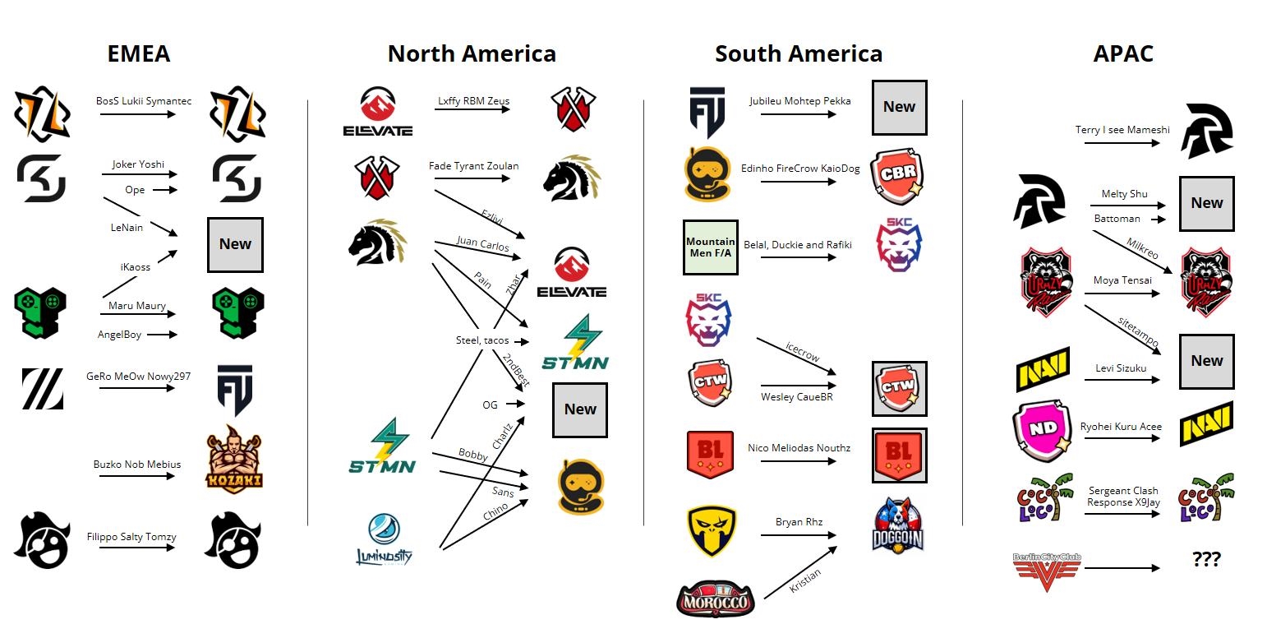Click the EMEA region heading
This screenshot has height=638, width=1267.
point(139,54)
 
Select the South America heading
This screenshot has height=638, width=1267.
point(798,54)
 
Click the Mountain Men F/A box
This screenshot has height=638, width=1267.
point(710,247)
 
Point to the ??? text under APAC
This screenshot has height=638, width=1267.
point(1206,560)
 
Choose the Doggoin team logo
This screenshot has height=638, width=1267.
point(897,525)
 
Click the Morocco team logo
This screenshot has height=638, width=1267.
point(714,599)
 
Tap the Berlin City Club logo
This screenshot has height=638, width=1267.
point(1047,566)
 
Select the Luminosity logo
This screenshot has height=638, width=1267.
point(384,539)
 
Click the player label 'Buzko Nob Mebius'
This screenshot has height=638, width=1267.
point(137,465)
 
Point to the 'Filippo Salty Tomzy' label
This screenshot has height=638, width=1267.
point(131,537)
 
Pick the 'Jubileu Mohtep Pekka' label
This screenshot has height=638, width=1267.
point(799,101)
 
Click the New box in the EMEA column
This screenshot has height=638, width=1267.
point(235,244)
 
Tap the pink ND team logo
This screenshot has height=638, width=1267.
point(1041,432)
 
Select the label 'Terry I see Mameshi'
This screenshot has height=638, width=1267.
point(1122,130)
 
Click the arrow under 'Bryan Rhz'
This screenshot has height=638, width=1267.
point(798,536)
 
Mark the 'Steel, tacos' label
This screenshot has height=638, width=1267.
point(482,340)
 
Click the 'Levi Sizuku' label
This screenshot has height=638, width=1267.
point(1121,368)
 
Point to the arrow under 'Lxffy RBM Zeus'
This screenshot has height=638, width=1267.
point(473,109)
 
